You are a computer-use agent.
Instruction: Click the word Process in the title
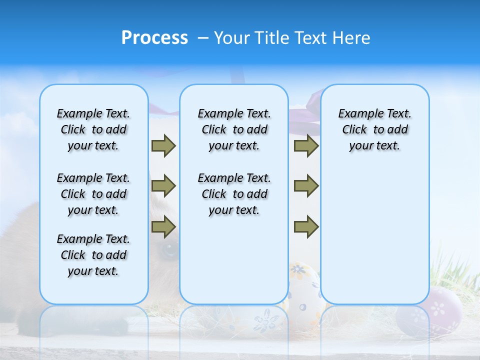[154, 38]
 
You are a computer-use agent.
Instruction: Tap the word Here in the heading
[353, 38]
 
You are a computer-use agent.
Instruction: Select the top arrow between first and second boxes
[163, 145]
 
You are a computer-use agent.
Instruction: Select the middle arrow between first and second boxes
[163, 186]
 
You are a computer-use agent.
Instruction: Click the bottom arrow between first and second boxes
[163, 227]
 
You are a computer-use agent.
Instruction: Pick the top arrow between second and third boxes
[306, 145]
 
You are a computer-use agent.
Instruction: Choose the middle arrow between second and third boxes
[306, 186]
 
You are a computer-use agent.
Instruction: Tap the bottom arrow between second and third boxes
[306, 227]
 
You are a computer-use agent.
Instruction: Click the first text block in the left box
[93, 129]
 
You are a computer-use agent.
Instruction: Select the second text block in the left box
[93, 194]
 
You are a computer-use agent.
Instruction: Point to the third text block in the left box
[93, 255]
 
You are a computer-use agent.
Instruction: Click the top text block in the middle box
[234, 129]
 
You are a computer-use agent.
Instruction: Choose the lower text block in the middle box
[234, 194]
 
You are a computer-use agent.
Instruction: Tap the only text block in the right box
[374, 129]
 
